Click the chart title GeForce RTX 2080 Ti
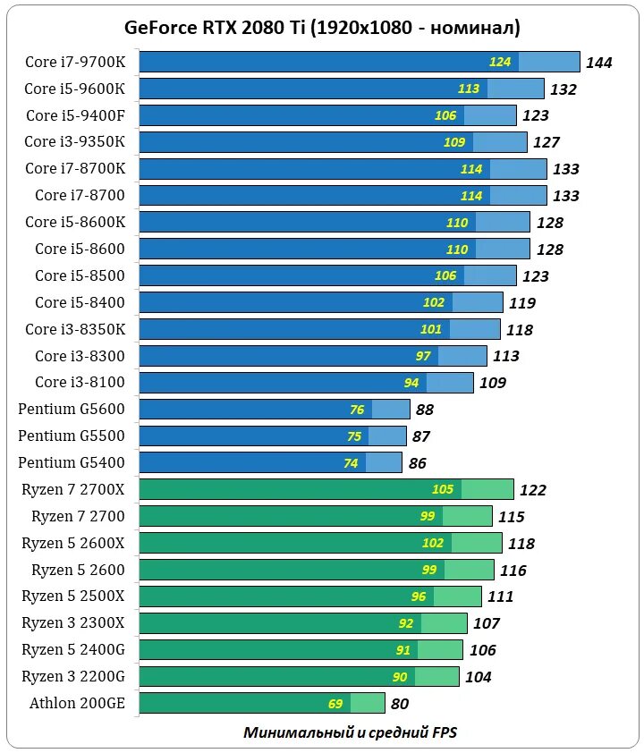click(x=322, y=28)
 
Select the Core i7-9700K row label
click(x=75, y=62)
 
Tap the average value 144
click(x=598, y=63)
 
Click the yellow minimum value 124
click(x=500, y=62)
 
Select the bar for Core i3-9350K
click(x=333, y=142)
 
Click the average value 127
click(x=546, y=142)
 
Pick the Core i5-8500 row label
click(x=80, y=275)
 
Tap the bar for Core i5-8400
click(x=322, y=302)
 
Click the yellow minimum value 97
click(x=423, y=356)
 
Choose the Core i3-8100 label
click(x=80, y=383)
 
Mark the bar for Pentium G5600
click(x=275, y=410)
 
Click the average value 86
click(x=418, y=463)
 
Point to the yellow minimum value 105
click(x=443, y=489)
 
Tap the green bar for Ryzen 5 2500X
click(x=310, y=596)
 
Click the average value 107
click(x=487, y=623)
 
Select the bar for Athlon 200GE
click(x=262, y=703)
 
